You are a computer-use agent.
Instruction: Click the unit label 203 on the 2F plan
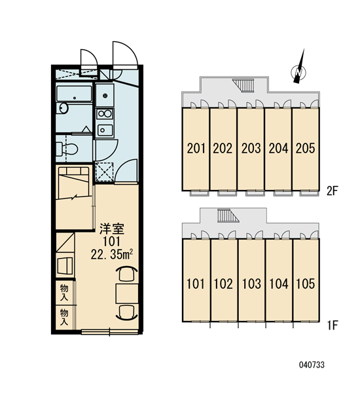[x=251, y=148]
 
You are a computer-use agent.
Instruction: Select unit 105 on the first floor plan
[x=306, y=280]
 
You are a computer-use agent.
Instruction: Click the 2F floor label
[x=333, y=191]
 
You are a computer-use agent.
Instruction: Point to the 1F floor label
[x=333, y=326]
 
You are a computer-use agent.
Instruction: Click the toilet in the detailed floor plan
[x=67, y=149]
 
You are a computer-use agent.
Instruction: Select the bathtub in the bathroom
[x=74, y=94]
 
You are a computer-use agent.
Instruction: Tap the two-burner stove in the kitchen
[x=105, y=114]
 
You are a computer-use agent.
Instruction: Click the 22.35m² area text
[x=111, y=255]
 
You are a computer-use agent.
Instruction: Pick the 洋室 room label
[x=112, y=229]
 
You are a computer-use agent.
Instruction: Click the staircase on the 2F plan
[x=243, y=85]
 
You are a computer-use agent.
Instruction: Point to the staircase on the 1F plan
[x=228, y=215]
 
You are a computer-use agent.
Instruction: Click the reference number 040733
[x=312, y=365]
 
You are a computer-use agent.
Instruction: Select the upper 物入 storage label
[x=64, y=293]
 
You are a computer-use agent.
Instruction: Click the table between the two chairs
[x=127, y=293]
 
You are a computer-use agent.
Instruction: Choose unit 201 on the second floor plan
[x=195, y=149]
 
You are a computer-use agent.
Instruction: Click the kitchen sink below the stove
[x=105, y=130]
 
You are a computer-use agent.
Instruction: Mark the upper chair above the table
[x=127, y=273]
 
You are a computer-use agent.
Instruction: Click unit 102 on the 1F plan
[x=223, y=280]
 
